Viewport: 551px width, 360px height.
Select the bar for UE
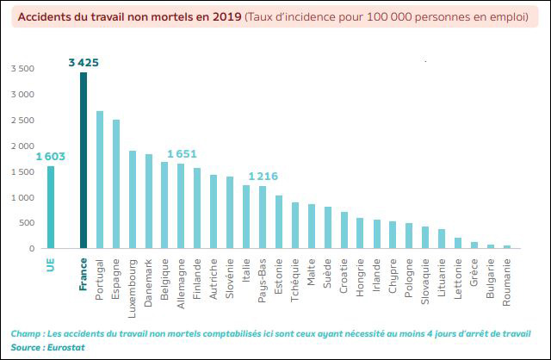(51, 208)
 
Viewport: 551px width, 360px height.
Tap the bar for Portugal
(100, 180)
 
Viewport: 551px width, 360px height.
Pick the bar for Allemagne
(181, 207)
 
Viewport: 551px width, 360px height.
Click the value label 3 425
(84, 63)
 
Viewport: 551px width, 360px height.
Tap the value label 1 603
(51, 157)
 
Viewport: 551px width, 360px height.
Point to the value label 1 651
(182, 154)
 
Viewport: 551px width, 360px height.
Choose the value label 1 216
(263, 177)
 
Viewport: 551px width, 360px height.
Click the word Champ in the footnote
(26, 333)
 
